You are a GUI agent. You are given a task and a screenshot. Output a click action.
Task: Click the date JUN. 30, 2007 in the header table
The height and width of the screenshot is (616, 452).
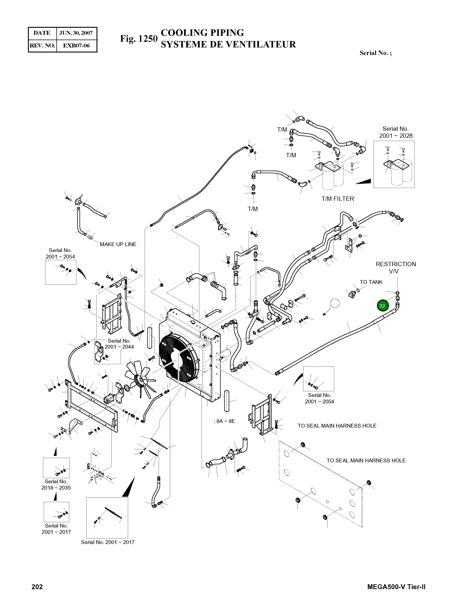pos(76,33)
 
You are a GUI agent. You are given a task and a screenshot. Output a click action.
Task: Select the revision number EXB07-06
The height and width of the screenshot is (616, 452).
pos(76,45)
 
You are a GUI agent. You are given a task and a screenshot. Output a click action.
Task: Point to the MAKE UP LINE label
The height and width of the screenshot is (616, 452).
pos(118,244)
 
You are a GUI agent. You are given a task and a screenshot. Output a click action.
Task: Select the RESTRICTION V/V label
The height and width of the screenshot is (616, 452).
pos(396,268)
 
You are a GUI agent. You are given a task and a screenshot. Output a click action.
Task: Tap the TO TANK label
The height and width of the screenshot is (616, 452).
pos(371,282)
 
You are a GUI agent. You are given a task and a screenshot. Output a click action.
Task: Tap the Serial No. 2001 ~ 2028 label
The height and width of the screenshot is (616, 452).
pos(396,132)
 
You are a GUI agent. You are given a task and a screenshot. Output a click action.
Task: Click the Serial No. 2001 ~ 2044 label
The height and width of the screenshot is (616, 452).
pos(119,344)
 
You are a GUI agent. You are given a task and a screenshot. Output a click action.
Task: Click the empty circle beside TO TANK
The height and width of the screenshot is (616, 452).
pos(335,303)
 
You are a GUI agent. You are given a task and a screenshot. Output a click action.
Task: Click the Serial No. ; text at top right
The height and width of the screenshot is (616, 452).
pos(375,53)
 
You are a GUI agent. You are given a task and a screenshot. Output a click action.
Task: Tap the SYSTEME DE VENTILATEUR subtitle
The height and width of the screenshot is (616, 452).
pos(228,44)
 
